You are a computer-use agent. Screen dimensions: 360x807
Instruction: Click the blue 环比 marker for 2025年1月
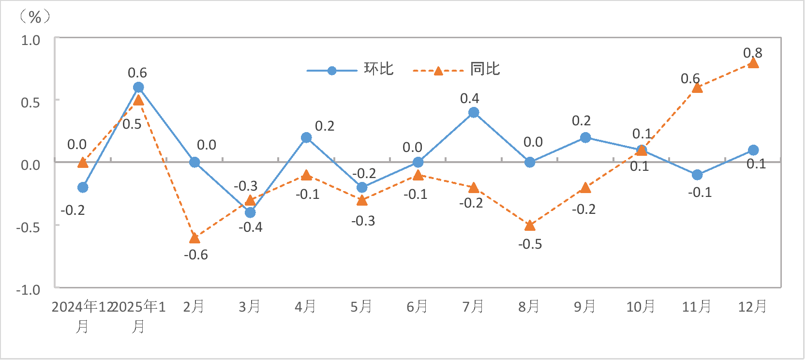click(x=138, y=87)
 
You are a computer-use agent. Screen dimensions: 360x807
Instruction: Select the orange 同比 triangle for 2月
click(x=194, y=238)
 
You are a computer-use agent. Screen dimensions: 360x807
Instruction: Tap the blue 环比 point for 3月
click(x=250, y=212)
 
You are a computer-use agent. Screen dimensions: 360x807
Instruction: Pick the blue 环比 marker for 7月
click(x=474, y=112)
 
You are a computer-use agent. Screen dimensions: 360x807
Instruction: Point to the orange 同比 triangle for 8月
click(x=530, y=225)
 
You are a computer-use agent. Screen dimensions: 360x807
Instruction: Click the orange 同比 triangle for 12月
click(x=753, y=63)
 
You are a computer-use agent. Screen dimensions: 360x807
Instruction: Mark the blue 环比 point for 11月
click(x=697, y=175)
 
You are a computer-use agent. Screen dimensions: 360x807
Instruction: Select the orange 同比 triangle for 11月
click(x=697, y=88)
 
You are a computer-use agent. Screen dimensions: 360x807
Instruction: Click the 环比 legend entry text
click(x=379, y=69)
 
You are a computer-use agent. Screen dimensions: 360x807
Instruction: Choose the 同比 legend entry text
click(x=485, y=69)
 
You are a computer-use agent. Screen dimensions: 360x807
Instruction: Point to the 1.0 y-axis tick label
click(x=30, y=40)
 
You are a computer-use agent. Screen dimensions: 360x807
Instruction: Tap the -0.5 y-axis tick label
click(x=28, y=227)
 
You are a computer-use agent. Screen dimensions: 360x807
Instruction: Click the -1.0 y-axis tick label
click(x=28, y=290)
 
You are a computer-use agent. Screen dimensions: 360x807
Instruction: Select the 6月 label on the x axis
click(x=417, y=306)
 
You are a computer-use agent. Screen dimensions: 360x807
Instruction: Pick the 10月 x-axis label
click(x=641, y=306)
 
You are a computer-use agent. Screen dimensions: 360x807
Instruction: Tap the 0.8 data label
click(x=752, y=52)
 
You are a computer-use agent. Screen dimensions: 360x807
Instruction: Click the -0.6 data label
click(x=196, y=255)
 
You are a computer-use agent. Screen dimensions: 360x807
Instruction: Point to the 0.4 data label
click(x=469, y=98)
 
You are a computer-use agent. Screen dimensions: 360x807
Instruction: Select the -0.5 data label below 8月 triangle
click(x=530, y=244)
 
